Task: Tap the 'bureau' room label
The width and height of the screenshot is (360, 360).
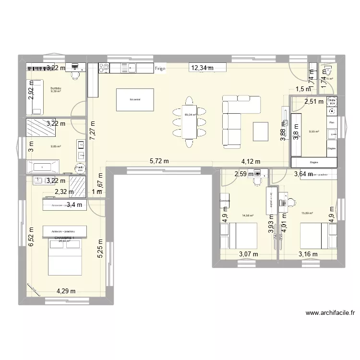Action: pyautogui.click(x=56, y=88)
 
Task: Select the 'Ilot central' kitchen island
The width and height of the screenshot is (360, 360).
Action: pyautogui.click(x=134, y=100)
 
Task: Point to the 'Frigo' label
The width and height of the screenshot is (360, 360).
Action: pyautogui.click(x=160, y=69)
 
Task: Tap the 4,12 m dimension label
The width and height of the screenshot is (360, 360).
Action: pyautogui.click(x=250, y=162)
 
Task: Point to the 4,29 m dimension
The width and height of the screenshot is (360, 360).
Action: pyautogui.click(x=65, y=290)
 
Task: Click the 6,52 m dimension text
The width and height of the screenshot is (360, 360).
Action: pyautogui.click(x=31, y=237)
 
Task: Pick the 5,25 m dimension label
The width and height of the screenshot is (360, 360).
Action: pyautogui.click(x=100, y=249)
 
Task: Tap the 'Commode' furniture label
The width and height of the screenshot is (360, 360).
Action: pyautogui.click(x=225, y=201)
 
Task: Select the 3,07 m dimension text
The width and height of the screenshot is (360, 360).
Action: pyautogui.click(x=248, y=254)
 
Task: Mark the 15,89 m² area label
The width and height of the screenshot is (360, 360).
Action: pyautogui.click(x=307, y=214)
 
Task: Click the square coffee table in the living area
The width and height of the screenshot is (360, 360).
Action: pyautogui.click(x=261, y=131)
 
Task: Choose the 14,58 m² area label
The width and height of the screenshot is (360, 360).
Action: pyautogui.click(x=248, y=216)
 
